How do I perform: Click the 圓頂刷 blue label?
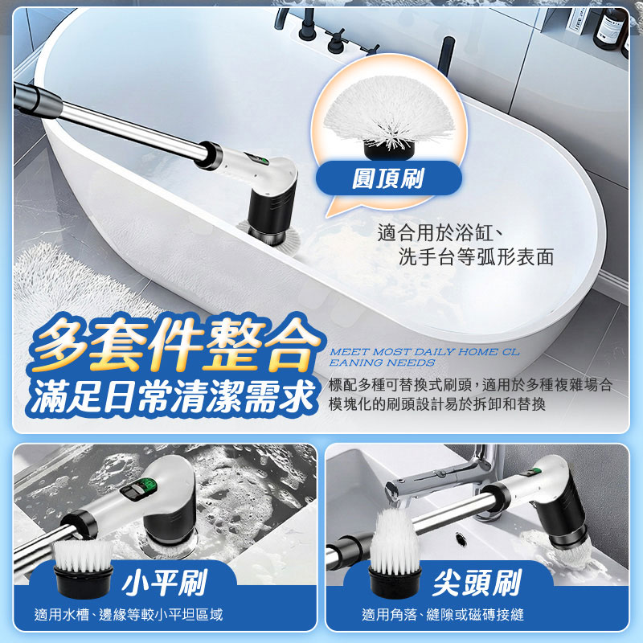[388, 178]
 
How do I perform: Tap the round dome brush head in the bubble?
[388, 117]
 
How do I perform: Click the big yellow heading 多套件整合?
[176, 344]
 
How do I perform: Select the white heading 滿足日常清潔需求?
[173, 396]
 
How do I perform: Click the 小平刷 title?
[163, 582]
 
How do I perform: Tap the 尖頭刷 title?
[476, 582]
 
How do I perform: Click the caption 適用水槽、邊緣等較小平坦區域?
[129, 615]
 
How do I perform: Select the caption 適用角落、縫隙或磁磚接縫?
[443, 615]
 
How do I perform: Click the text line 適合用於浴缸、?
[440, 233]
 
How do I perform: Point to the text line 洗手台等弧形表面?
[476, 256]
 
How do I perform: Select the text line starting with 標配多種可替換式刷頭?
[470, 385]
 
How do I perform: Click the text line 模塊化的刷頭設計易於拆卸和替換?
[437, 404]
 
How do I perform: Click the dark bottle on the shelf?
[609, 30]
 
